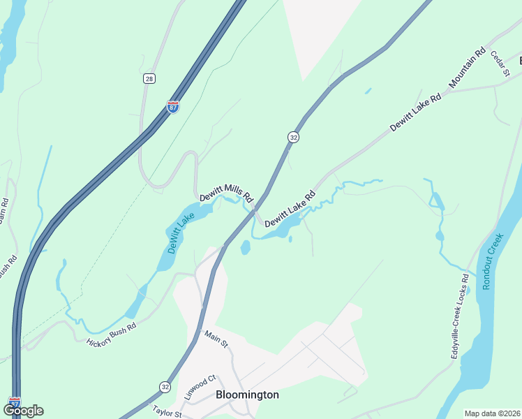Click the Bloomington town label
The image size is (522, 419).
(x=247, y=395)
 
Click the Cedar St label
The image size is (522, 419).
(x=500, y=63)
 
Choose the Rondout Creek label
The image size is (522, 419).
(x=493, y=262)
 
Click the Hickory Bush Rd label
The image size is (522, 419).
(x=111, y=335)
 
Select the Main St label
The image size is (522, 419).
(x=216, y=340)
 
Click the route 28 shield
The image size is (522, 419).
(x=149, y=79)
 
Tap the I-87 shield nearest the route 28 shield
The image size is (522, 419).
(x=173, y=107)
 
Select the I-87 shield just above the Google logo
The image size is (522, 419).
(x=15, y=403)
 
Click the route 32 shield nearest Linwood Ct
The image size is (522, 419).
(x=165, y=386)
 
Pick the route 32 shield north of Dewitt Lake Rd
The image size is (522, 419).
(x=293, y=138)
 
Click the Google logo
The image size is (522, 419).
(x=23, y=411)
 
